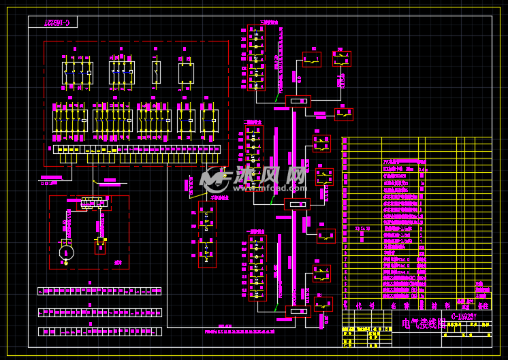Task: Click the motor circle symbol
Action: [x=65, y=252]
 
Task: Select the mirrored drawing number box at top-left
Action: [x=53, y=22]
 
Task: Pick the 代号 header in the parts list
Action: [x=360, y=306]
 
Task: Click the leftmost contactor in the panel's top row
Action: [x=77, y=72]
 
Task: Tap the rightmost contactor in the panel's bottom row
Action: [x=209, y=120]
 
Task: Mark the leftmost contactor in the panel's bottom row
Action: [x=69, y=120]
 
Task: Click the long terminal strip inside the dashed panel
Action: [x=136, y=149]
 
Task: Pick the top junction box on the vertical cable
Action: [x=298, y=101]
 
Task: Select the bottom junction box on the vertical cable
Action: [x=298, y=312]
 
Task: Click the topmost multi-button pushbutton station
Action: [x=256, y=57]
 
